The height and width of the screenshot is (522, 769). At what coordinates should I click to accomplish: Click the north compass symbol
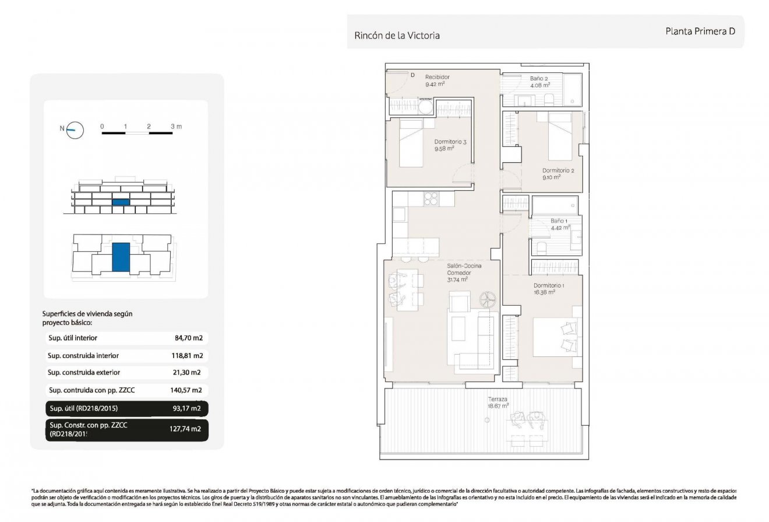pyautogui.click(x=75, y=130)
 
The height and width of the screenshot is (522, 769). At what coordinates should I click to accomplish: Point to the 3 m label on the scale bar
pyautogui.click(x=176, y=126)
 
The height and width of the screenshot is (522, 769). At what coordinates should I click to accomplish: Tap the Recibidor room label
pyautogui.click(x=437, y=77)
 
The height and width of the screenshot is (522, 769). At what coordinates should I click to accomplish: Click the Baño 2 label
pyautogui.click(x=539, y=78)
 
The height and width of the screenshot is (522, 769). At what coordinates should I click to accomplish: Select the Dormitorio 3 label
pyautogui.click(x=450, y=142)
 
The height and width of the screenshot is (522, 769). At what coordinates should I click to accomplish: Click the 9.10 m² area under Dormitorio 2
pyautogui.click(x=551, y=177)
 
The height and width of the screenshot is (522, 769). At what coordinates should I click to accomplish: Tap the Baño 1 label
pyautogui.click(x=558, y=221)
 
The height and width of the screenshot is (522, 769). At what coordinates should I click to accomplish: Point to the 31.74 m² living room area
pyautogui.click(x=458, y=279)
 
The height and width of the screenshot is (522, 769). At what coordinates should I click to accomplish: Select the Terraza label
pyautogui.click(x=498, y=399)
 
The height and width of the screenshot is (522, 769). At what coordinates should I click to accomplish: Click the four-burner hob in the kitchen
pyautogui.click(x=431, y=199)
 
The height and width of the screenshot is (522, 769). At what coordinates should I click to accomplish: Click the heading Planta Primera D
pyautogui.click(x=700, y=31)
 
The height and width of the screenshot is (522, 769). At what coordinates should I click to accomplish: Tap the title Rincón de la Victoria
pyautogui.click(x=397, y=36)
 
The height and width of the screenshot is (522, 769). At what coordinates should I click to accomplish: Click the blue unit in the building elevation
pyautogui.click(x=120, y=202)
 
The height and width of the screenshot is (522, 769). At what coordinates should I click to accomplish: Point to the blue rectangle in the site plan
pyautogui.click(x=121, y=257)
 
